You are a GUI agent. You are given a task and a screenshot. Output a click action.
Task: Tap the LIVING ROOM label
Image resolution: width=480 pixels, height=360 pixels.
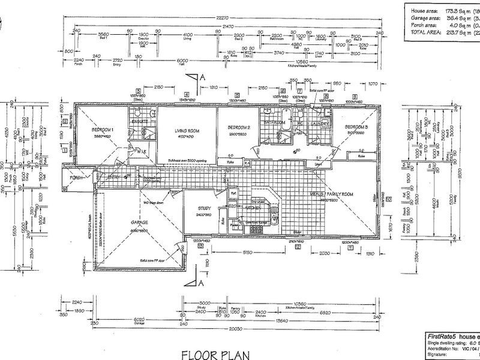coord(187,130)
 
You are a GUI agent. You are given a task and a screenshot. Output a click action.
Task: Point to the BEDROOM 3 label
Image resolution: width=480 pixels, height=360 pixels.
coord(359,128)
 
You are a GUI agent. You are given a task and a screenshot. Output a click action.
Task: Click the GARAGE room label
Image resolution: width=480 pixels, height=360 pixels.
coord(140,222)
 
